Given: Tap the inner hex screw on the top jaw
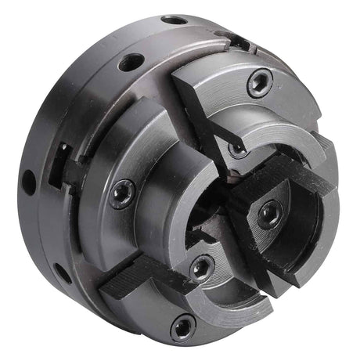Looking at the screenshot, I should pyautogui.click(x=236, y=146).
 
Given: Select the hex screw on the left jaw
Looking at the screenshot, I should pyautogui.click(x=123, y=193).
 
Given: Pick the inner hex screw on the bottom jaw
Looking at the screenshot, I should pyautogui.click(x=201, y=268).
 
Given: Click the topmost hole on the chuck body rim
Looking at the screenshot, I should pyautogui.click(x=174, y=20).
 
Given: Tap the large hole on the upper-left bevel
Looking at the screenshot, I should pyautogui.click(x=132, y=62).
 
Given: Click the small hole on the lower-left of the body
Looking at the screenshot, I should pyautogui.click(x=61, y=273).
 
